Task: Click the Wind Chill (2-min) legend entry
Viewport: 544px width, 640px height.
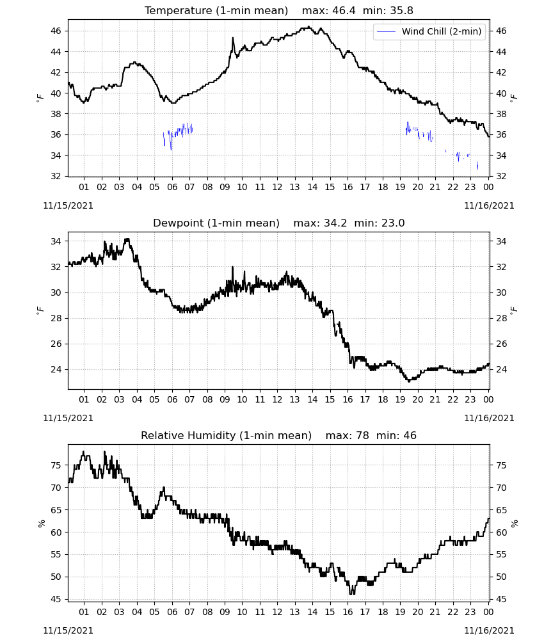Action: (429, 31)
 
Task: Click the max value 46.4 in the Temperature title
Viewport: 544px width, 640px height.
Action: (344, 11)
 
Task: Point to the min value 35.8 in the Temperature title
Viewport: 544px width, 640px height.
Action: (401, 11)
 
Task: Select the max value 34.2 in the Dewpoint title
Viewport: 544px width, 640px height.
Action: (335, 223)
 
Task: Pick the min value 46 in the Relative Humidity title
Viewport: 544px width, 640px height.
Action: (410, 435)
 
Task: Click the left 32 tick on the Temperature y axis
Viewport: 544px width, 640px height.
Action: (56, 177)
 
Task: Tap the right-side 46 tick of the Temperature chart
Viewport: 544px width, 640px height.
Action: (500, 31)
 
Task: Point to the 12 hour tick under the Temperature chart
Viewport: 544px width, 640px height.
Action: (277, 187)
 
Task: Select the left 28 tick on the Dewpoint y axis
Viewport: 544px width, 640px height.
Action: (56, 318)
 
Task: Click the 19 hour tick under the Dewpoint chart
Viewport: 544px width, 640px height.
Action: (400, 399)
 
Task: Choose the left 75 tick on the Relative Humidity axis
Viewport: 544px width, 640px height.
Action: (56, 465)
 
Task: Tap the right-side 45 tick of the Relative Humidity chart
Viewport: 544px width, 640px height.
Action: (500, 600)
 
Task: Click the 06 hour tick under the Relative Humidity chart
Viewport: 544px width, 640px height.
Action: (172, 612)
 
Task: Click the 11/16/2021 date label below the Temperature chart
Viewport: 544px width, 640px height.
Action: (489, 205)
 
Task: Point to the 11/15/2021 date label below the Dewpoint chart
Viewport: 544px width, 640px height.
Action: (68, 418)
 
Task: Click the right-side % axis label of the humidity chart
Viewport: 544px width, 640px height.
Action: (514, 524)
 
